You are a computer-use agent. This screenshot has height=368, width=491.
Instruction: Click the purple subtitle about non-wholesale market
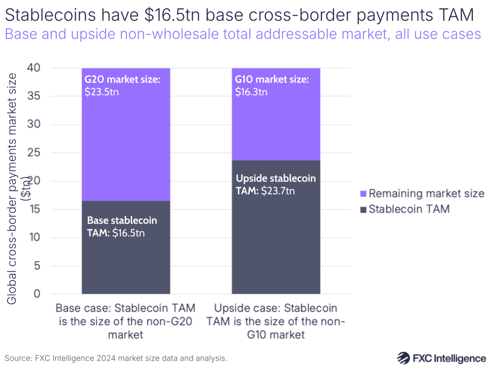pyautogui.click(x=242, y=35)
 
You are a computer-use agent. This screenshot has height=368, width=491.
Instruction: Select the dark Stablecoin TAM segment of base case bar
pyautogui.click(x=126, y=260)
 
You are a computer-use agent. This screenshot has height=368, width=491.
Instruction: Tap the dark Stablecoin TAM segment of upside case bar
pyautogui.click(x=276, y=236)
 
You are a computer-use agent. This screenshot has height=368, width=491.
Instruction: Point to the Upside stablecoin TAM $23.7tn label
pyautogui.click(x=276, y=185)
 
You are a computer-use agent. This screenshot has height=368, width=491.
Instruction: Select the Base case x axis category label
pyautogui.click(x=126, y=321)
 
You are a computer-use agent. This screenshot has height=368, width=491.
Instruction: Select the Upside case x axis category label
pyautogui.click(x=276, y=321)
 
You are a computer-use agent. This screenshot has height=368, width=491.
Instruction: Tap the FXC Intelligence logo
pyautogui.click(x=441, y=357)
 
